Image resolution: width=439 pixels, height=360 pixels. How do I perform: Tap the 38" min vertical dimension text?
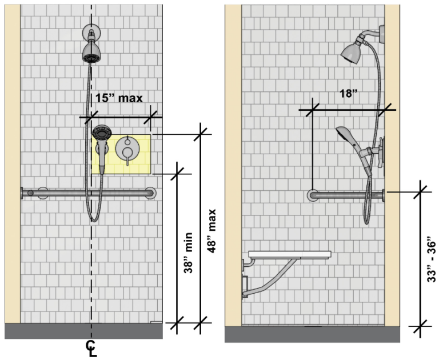pyautogui.click(x=187, y=253)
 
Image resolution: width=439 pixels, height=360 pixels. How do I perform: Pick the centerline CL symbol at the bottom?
pyautogui.click(x=91, y=348)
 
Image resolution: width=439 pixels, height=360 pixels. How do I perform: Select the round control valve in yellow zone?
pyautogui.click(x=126, y=149)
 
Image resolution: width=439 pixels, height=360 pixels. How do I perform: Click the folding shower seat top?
pyautogui.click(x=290, y=254)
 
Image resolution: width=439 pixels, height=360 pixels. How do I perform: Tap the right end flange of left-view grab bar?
pyautogui.click(x=150, y=193)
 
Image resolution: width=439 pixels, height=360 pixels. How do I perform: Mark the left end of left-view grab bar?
pyautogui.click(x=24, y=193)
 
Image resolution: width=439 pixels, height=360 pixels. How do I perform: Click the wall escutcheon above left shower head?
pyautogui.click(x=90, y=31)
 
